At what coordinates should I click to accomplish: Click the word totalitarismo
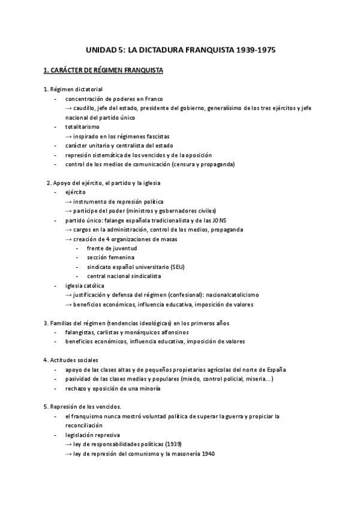pos(83,127)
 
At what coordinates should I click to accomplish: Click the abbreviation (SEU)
pos(178,267)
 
